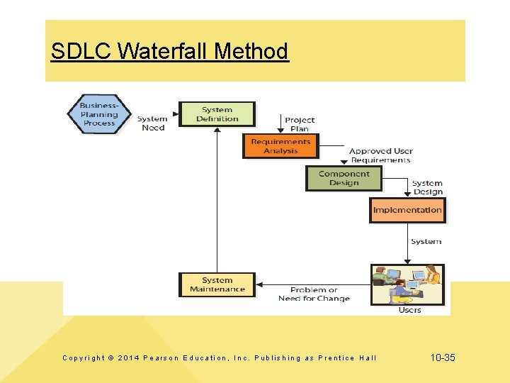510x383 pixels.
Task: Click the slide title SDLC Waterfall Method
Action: [x=170, y=52]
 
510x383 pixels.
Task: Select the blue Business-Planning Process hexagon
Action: [x=99, y=113]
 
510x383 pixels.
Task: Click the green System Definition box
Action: [x=217, y=114]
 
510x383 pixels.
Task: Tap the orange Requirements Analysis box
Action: [x=281, y=146]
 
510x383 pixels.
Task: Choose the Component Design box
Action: [x=344, y=178]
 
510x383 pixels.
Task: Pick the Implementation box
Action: [x=407, y=210]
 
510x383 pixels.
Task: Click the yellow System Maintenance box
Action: [x=217, y=284]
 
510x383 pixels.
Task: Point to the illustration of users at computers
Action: [x=407, y=284]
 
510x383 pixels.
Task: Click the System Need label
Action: [x=153, y=123]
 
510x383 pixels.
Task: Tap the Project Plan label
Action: [x=300, y=124]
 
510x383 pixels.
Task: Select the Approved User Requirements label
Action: [x=380, y=155]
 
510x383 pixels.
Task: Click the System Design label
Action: [x=427, y=187]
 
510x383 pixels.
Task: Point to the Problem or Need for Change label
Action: [x=314, y=294]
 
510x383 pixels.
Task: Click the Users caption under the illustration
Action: [x=409, y=310]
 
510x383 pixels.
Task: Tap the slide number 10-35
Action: [x=443, y=358]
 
